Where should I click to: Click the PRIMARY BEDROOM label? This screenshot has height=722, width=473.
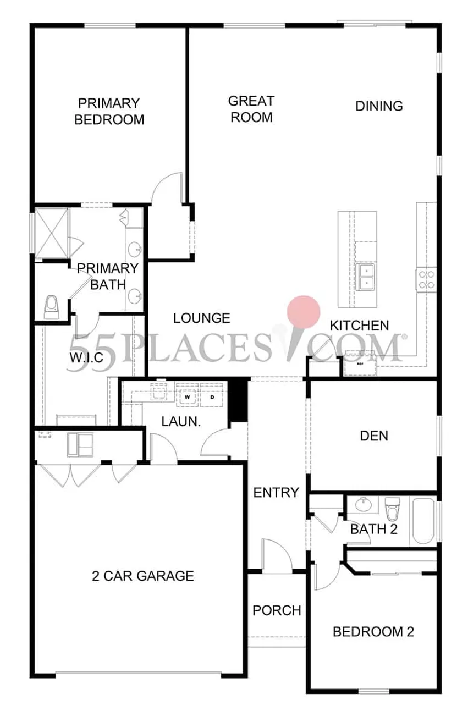(x=109, y=112)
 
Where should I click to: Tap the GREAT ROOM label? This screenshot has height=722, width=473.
(x=251, y=109)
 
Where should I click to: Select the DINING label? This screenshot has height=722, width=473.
(x=379, y=106)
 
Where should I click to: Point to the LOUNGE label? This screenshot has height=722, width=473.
(x=202, y=318)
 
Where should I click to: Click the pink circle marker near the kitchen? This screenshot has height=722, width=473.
(x=304, y=312)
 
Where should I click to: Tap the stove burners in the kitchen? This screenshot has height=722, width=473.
(x=426, y=279)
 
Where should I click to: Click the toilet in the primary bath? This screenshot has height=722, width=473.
(x=51, y=307)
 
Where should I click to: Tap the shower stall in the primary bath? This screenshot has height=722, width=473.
(x=52, y=233)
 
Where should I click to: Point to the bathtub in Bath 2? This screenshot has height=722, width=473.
(x=423, y=521)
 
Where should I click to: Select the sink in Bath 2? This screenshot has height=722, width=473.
(x=363, y=505)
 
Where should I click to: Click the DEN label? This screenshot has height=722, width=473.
(x=374, y=436)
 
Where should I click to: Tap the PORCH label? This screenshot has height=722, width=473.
(x=277, y=610)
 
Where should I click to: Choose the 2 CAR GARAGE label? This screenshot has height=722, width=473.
(x=143, y=576)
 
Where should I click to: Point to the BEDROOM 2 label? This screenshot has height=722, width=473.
(x=373, y=631)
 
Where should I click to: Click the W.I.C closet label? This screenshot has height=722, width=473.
(x=86, y=357)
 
